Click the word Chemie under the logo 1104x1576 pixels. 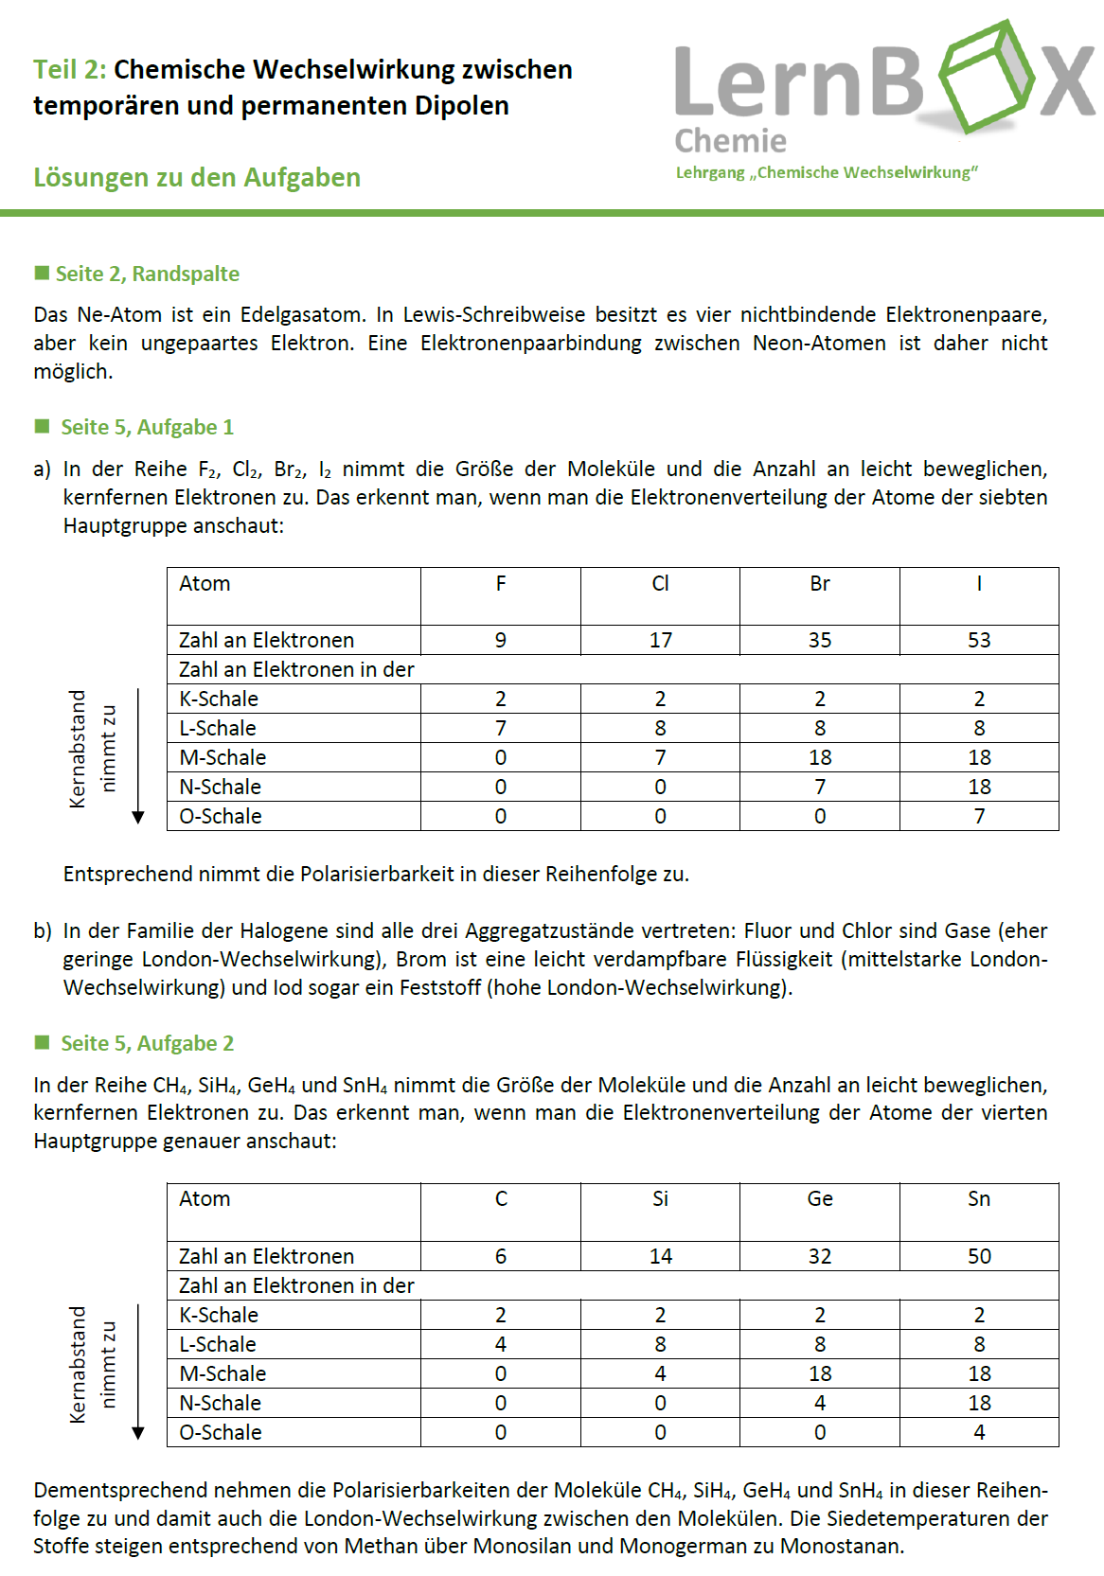click(x=730, y=141)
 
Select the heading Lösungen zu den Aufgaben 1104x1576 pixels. click(x=197, y=177)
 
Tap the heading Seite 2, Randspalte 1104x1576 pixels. click(x=147, y=274)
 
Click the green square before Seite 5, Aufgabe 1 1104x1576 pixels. click(x=42, y=426)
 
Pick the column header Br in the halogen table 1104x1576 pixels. click(x=819, y=584)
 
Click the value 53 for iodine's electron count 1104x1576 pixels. click(x=978, y=640)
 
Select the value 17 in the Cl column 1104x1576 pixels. click(x=660, y=640)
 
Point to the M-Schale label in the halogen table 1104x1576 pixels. click(x=223, y=757)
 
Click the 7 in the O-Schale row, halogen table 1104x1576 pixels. click(x=978, y=816)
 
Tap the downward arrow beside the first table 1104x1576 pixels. click(x=138, y=757)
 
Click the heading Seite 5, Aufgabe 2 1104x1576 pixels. click(x=147, y=1043)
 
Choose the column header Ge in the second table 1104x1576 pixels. click(x=819, y=1199)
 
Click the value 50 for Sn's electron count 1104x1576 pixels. click(x=978, y=1256)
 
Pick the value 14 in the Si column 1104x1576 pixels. click(x=660, y=1256)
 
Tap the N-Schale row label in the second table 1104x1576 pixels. click(x=220, y=1403)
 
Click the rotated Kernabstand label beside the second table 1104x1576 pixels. click(x=78, y=1364)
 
